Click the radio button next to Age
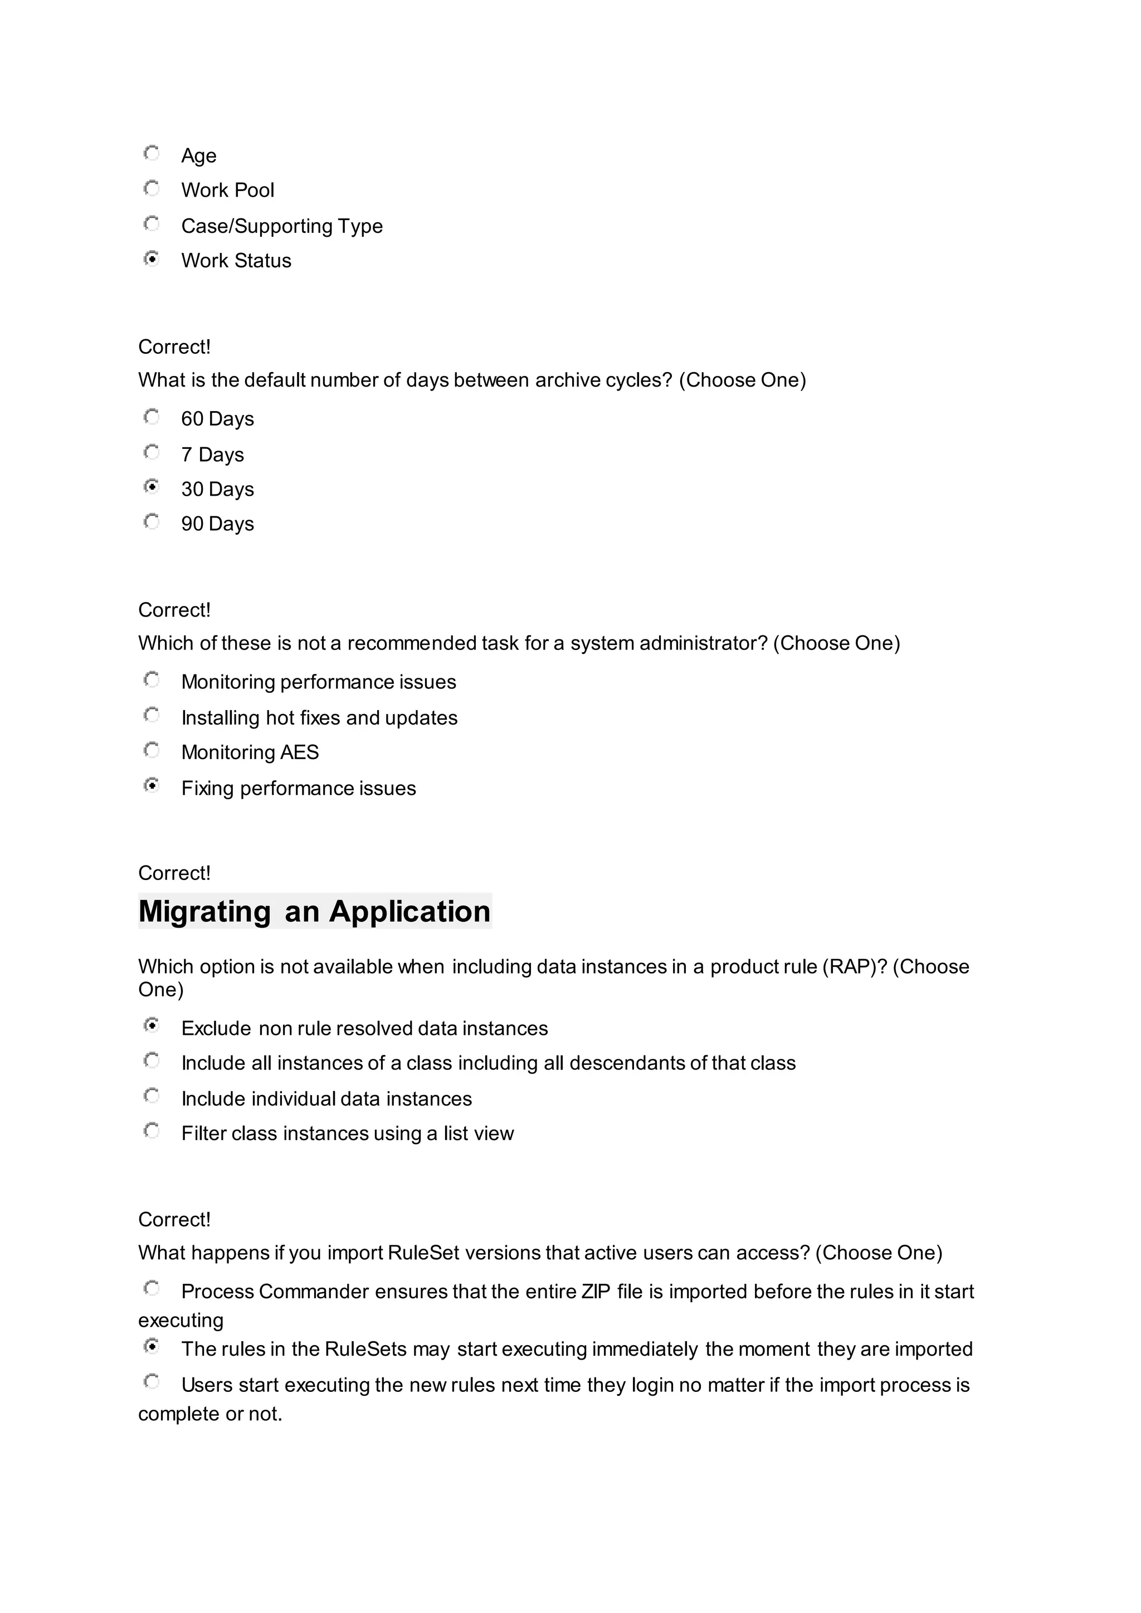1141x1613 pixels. (151, 153)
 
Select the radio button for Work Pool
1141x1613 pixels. (151, 188)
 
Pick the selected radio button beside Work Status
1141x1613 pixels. (151, 258)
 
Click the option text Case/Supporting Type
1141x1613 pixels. (282, 226)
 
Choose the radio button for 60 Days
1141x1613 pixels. (151, 417)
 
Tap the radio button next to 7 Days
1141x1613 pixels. (151, 452)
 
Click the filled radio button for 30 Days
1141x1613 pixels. (151, 486)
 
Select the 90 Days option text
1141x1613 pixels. (217, 524)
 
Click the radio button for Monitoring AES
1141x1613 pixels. (151, 750)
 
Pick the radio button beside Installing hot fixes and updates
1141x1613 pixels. (151, 715)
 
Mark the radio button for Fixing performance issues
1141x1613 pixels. (151, 785)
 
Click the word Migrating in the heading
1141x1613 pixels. (204, 912)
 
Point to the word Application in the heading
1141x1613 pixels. (409, 912)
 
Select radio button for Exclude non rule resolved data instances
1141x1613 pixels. (151, 1026)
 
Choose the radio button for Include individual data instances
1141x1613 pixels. (151, 1096)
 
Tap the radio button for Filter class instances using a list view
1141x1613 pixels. (151, 1131)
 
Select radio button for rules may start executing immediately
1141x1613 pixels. (151, 1347)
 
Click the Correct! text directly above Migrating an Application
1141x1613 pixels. (174, 873)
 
